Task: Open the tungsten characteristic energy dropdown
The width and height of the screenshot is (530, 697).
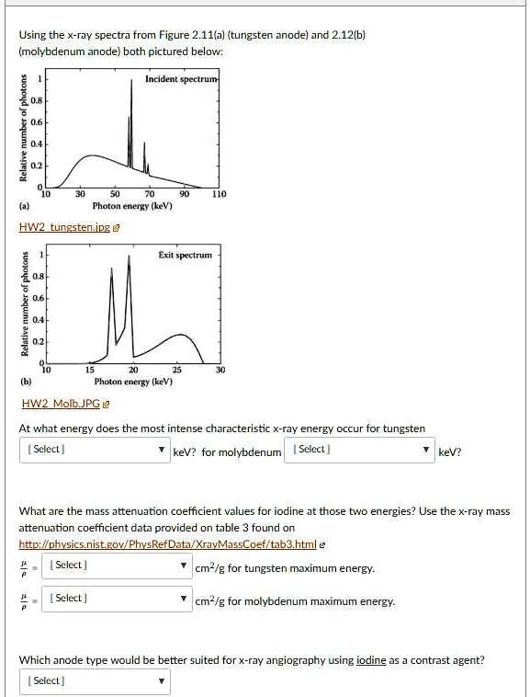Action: pyautogui.click(x=93, y=450)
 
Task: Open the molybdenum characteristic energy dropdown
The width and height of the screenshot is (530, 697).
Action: pyautogui.click(x=361, y=450)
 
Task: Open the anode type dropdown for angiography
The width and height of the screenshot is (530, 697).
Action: pyautogui.click(x=93, y=681)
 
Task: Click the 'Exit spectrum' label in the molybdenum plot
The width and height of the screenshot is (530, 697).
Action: pyautogui.click(x=185, y=255)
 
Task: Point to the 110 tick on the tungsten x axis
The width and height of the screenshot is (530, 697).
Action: pyautogui.click(x=218, y=195)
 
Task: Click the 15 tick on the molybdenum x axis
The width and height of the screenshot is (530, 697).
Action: pyautogui.click(x=89, y=370)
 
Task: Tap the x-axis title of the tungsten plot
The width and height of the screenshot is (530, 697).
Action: pyautogui.click(x=132, y=206)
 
